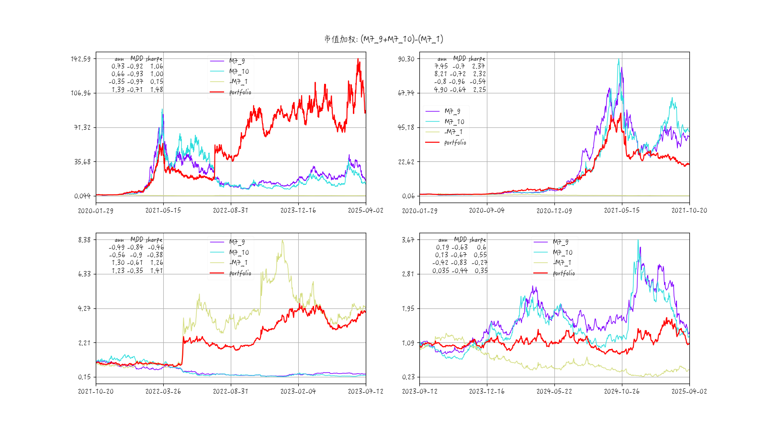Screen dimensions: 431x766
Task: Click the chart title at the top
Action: tap(383, 39)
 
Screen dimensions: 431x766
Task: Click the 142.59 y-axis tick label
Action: tap(80, 59)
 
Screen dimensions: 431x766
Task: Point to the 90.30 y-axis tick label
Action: tap(406, 59)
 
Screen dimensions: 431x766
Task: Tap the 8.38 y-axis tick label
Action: tap(84, 240)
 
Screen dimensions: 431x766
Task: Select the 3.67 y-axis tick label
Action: tap(408, 240)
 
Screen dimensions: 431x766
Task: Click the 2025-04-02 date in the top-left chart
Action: tap(365, 211)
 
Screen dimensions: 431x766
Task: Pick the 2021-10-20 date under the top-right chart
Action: tap(689, 211)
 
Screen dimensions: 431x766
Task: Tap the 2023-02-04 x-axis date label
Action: tap(298, 392)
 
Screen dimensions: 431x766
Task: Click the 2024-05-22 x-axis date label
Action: tap(554, 392)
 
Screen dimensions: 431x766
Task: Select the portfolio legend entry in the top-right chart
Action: tap(455, 143)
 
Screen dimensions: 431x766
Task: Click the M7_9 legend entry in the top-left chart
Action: tap(237, 61)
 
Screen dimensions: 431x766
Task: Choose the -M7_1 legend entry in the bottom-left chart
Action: tap(238, 263)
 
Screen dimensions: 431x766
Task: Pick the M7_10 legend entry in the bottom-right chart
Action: tap(563, 252)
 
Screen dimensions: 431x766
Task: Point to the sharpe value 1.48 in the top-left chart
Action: tap(157, 90)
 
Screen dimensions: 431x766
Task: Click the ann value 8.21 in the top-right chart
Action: tap(440, 74)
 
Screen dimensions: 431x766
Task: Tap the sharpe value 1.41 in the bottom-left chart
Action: tap(157, 271)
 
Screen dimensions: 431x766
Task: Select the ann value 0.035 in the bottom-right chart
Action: tap(440, 271)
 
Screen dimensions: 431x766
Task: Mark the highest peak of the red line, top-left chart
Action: tap(358, 59)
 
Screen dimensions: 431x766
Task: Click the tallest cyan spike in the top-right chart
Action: tap(619, 59)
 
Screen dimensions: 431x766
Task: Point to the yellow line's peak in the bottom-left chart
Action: tap(282, 240)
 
